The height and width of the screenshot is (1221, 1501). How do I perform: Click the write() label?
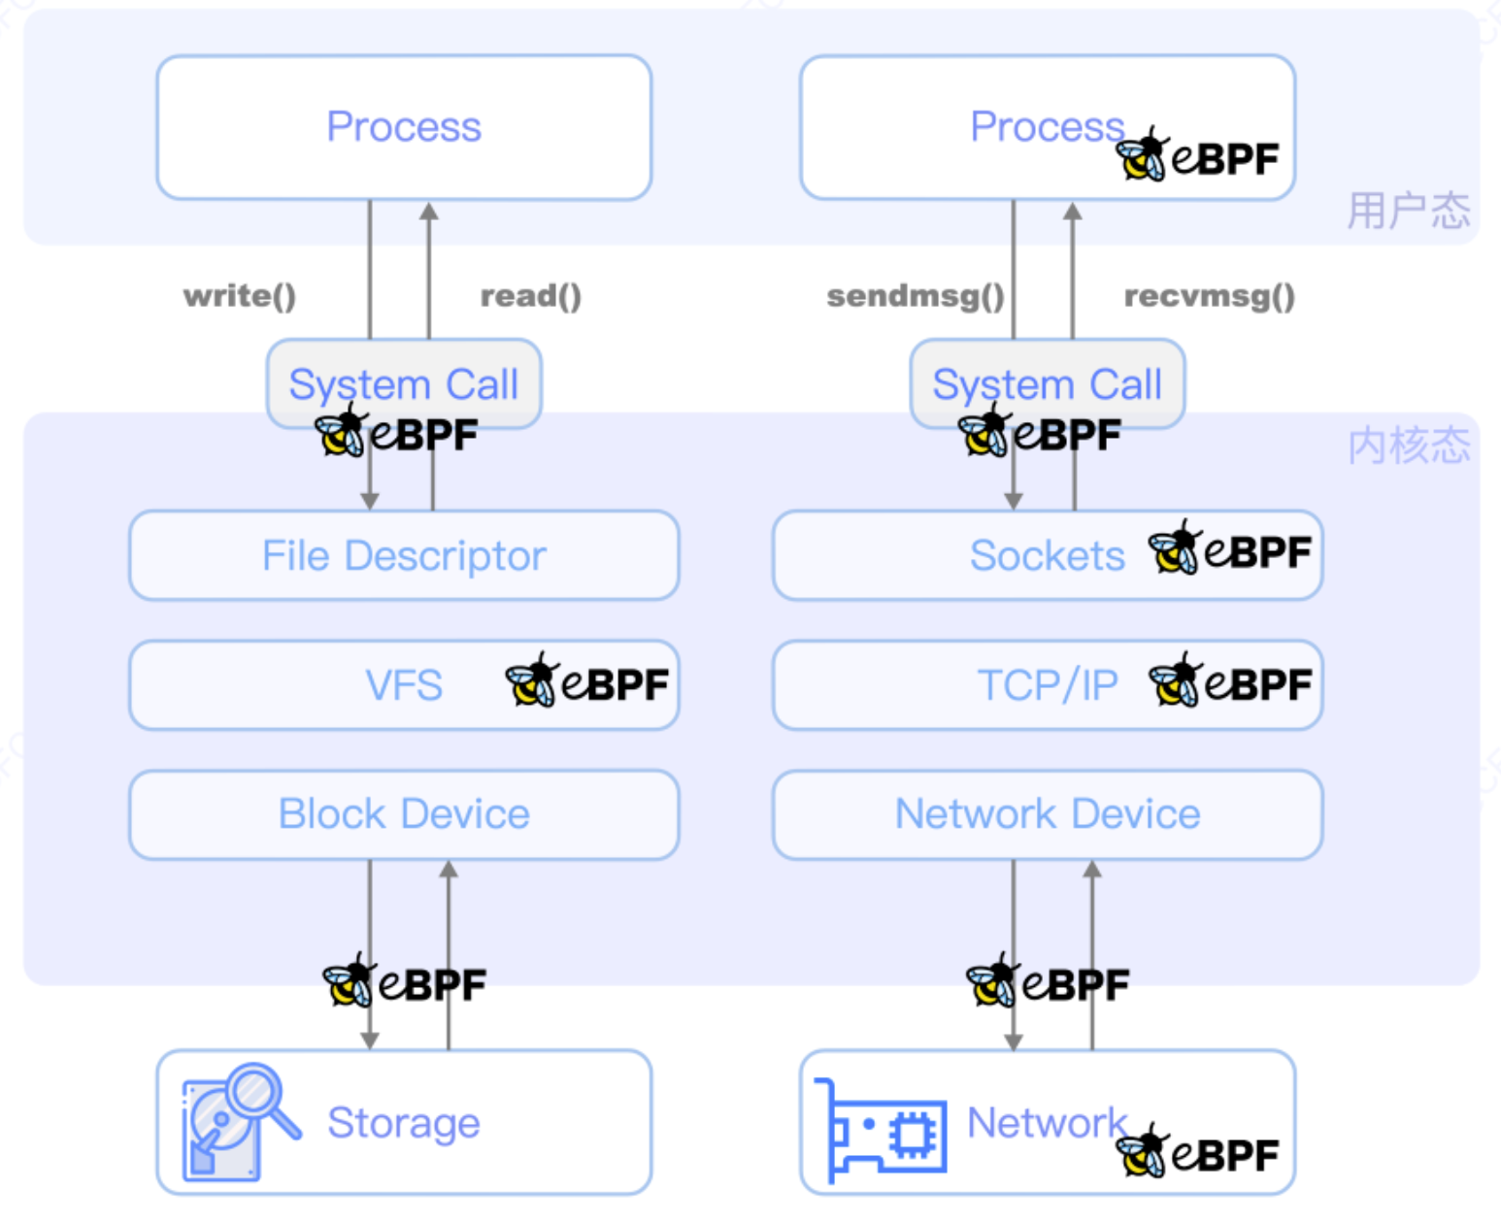click(240, 295)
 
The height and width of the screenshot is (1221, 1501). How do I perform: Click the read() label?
click(531, 295)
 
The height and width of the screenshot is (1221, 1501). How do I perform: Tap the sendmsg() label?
click(915, 295)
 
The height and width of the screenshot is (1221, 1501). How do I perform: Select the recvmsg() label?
click(1209, 295)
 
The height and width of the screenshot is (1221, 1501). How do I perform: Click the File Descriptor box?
click(404, 556)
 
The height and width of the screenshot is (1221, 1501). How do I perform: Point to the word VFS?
click(404, 685)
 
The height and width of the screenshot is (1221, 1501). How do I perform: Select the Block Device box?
click(404, 814)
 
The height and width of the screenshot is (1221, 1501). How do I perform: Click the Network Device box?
click(1048, 814)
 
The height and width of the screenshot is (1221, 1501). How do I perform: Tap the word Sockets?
click(1047, 556)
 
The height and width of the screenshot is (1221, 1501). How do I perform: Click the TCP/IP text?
click(1047, 685)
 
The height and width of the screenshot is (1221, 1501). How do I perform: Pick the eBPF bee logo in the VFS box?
click(586, 681)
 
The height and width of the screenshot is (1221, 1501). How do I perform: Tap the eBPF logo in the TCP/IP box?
click(1229, 681)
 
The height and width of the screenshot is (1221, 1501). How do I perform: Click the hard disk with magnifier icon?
click(238, 1122)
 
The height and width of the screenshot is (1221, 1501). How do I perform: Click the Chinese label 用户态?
click(1408, 211)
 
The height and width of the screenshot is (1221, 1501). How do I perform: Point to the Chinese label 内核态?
click(1408, 445)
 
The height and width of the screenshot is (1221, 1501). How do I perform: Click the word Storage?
click(404, 1123)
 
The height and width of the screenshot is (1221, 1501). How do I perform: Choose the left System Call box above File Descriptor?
click(404, 383)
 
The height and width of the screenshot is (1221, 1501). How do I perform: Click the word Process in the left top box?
click(404, 127)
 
